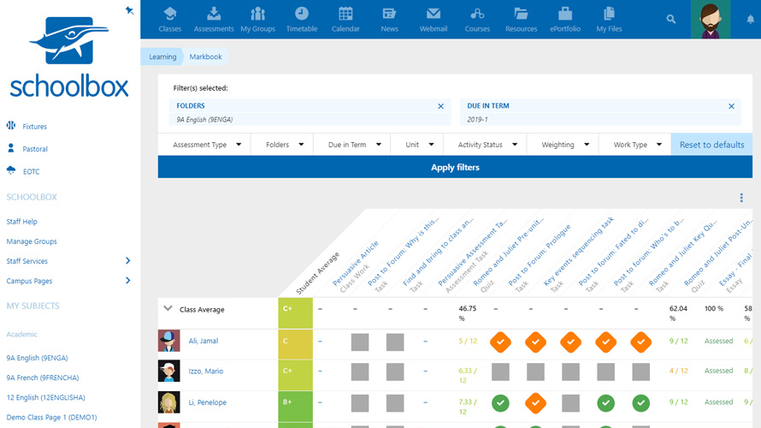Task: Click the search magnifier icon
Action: pyautogui.click(x=671, y=19)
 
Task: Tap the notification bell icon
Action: pyautogui.click(x=751, y=19)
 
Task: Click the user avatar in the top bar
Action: pyautogui.click(x=710, y=19)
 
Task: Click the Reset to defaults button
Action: pyautogui.click(x=711, y=145)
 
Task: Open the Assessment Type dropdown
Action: pyautogui.click(x=205, y=145)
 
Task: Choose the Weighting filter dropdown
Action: pyautogui.click(x=564, y=145)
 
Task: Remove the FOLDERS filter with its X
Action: pyautogui.click(x=441, y=106)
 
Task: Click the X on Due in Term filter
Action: pyautogui.click(x=731, y=106)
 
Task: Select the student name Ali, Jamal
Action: pyautogui.click(x=204, y=341)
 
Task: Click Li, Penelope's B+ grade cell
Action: pyautogui.click(x=295, y=401)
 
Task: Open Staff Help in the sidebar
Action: pyautogui.click(x=22, y=222)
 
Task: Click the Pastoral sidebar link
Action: pyautogui.click(x=35, y=149)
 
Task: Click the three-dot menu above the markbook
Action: pyautogui.click(x=741, y=199)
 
